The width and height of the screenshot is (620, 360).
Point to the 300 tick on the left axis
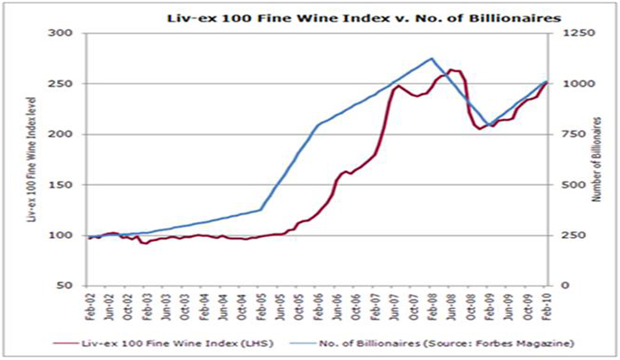64,33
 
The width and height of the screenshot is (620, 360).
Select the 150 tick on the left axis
64,184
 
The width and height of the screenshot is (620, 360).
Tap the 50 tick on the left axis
67,285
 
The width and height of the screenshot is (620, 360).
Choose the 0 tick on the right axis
555,285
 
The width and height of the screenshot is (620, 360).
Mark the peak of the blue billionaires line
431,58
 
